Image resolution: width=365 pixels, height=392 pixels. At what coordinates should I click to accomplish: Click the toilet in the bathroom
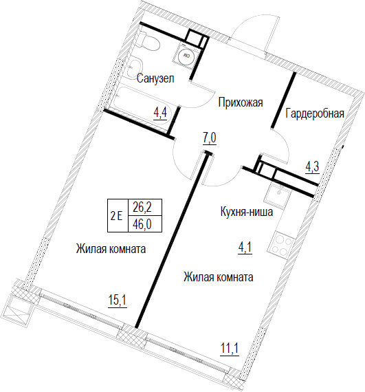click(x=148, y=41)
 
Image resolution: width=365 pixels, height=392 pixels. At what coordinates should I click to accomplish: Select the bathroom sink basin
click(x=135, y=67)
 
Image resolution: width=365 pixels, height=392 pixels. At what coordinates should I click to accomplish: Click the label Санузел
click(x=155, y=78)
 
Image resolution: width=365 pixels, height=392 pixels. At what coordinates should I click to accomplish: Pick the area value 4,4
click(x=160, y=114)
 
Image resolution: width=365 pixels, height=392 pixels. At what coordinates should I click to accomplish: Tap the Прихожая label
click(x=241, y=102)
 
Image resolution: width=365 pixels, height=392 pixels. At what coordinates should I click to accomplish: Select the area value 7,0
click(x=210, y=138)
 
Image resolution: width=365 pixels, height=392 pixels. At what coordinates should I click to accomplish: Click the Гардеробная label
click(x=315, y=113)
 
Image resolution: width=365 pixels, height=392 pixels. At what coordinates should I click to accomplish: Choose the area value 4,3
click(x=313, y=167)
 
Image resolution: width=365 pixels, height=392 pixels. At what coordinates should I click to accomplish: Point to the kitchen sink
click(x=278, y=195)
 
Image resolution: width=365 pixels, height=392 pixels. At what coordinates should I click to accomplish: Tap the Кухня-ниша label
click(x=247, y=213)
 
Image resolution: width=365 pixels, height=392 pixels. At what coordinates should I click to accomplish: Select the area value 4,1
click(x=245, y=248)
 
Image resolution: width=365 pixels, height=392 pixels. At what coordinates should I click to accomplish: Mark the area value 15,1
click(x=118, y=301)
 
